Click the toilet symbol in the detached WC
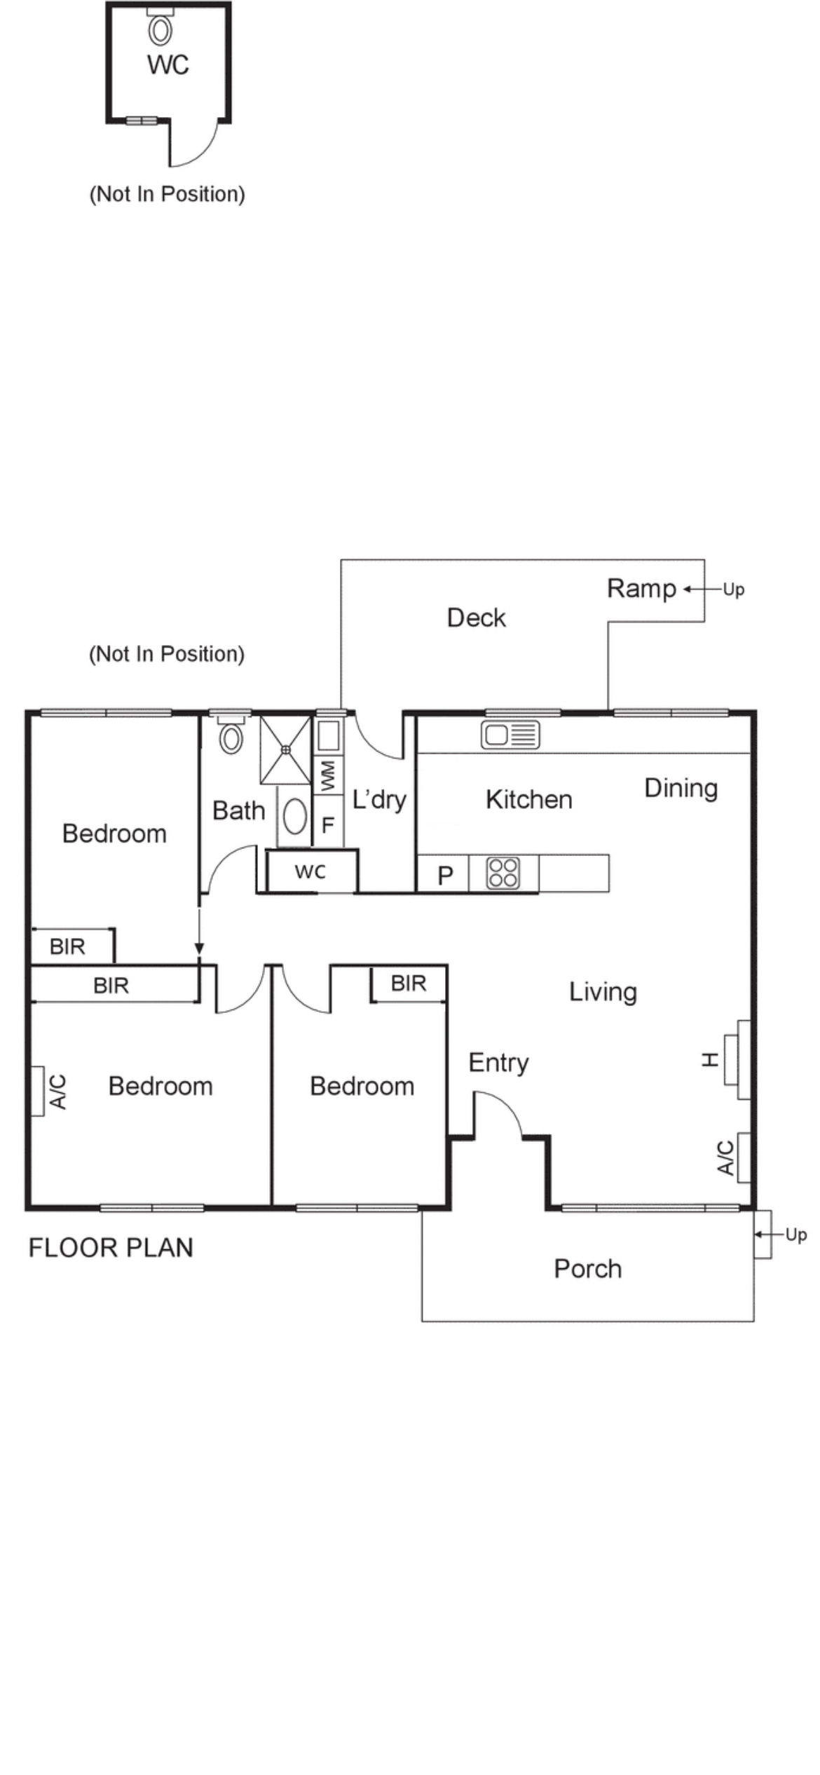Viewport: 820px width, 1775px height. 160,30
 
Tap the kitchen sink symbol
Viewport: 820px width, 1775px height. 510,735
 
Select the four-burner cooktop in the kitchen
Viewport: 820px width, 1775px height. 503,873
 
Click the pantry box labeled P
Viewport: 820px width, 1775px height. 444,875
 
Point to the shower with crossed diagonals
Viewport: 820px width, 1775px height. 285,749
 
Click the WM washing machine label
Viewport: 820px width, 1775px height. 327,776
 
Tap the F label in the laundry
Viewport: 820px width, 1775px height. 327,825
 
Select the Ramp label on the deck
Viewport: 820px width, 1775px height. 641,589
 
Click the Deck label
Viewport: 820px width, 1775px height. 476,618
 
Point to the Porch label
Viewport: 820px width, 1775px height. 587,1268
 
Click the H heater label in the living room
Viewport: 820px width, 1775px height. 710,1060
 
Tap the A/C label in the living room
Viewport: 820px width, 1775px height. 725,1157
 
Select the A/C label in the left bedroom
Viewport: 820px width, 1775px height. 59,1091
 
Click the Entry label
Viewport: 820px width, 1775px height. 498,1063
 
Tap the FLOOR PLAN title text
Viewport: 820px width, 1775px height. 111,1248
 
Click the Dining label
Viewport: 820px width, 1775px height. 681,789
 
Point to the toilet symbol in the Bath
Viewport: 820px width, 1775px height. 231,737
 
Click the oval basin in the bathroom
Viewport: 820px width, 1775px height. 294,817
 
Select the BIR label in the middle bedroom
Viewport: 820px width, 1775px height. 408,984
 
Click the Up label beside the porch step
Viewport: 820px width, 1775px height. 795,1235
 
